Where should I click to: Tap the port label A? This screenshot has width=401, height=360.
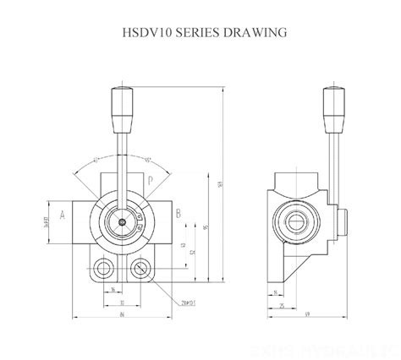point(62,215)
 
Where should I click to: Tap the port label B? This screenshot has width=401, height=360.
point(178,215)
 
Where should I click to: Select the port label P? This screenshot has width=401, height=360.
point(149,180)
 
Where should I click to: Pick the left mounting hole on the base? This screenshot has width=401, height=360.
point(103,270)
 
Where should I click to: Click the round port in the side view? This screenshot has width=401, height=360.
point(299,222)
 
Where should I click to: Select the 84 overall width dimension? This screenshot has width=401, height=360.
point(123,314)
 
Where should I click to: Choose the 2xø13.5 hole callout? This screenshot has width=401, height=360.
point(187,302)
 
